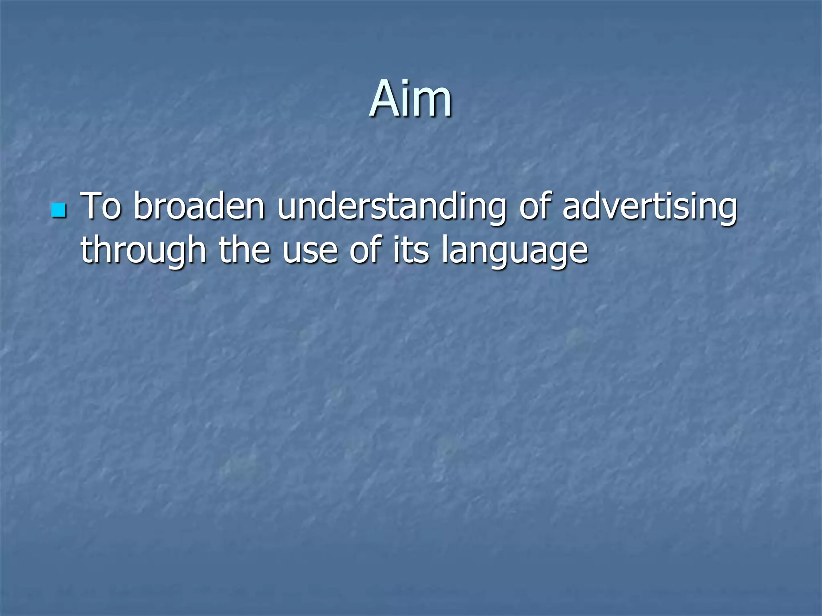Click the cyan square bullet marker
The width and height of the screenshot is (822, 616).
tap(59, 210)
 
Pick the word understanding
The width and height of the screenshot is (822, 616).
tap(392, 207)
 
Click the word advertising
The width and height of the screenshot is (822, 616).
tap(649, 207)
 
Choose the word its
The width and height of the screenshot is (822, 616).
tap(411, 249)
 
